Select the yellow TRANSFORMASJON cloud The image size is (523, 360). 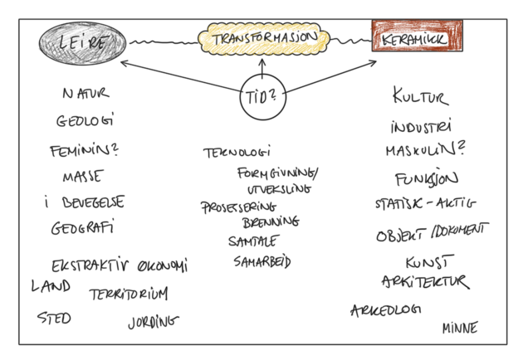pyautogui.click(x=261, y=37)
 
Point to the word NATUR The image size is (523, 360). pyautogui.click(x=86, y=94)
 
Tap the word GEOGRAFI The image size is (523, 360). pyautogui.click(x=81, y=227)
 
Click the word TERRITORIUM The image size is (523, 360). pyautogui.click(x=129, y=293)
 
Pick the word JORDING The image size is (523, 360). pyautogui.click(x=153, y=320)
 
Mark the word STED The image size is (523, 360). pyautogui.click(x=54, y=318)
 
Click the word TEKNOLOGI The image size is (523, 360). pyautogui.click(x=237, y=153)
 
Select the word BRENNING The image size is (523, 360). pyautogui.click(x=271, y=222)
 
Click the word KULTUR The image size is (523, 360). pyautogui.click(x=419, y=98)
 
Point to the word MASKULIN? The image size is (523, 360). pyautogui.click(x=423, y=152)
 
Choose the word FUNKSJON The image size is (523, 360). pyautogui.click(x=426, y=178)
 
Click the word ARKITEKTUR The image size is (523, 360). pyautogui.click(x=425, y=282)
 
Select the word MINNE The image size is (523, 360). pyautogui.click(x=459, y=328)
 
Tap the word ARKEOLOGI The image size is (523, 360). pyautogui.click(x=385, y=310)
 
